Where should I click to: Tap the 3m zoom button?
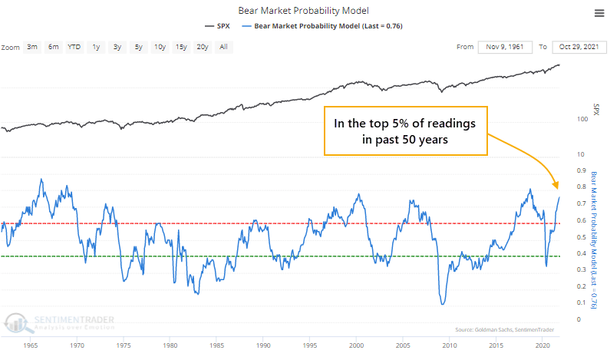coord(32,47)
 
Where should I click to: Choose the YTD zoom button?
coord(74,47)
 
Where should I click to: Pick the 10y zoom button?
coord(159,47)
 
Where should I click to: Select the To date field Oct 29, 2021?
coord(576,47)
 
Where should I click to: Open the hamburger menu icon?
coord(598,13)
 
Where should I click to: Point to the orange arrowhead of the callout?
coord(558,187)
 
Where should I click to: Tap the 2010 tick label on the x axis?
coord(443,346)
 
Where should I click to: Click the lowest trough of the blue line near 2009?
coord(443,305)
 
